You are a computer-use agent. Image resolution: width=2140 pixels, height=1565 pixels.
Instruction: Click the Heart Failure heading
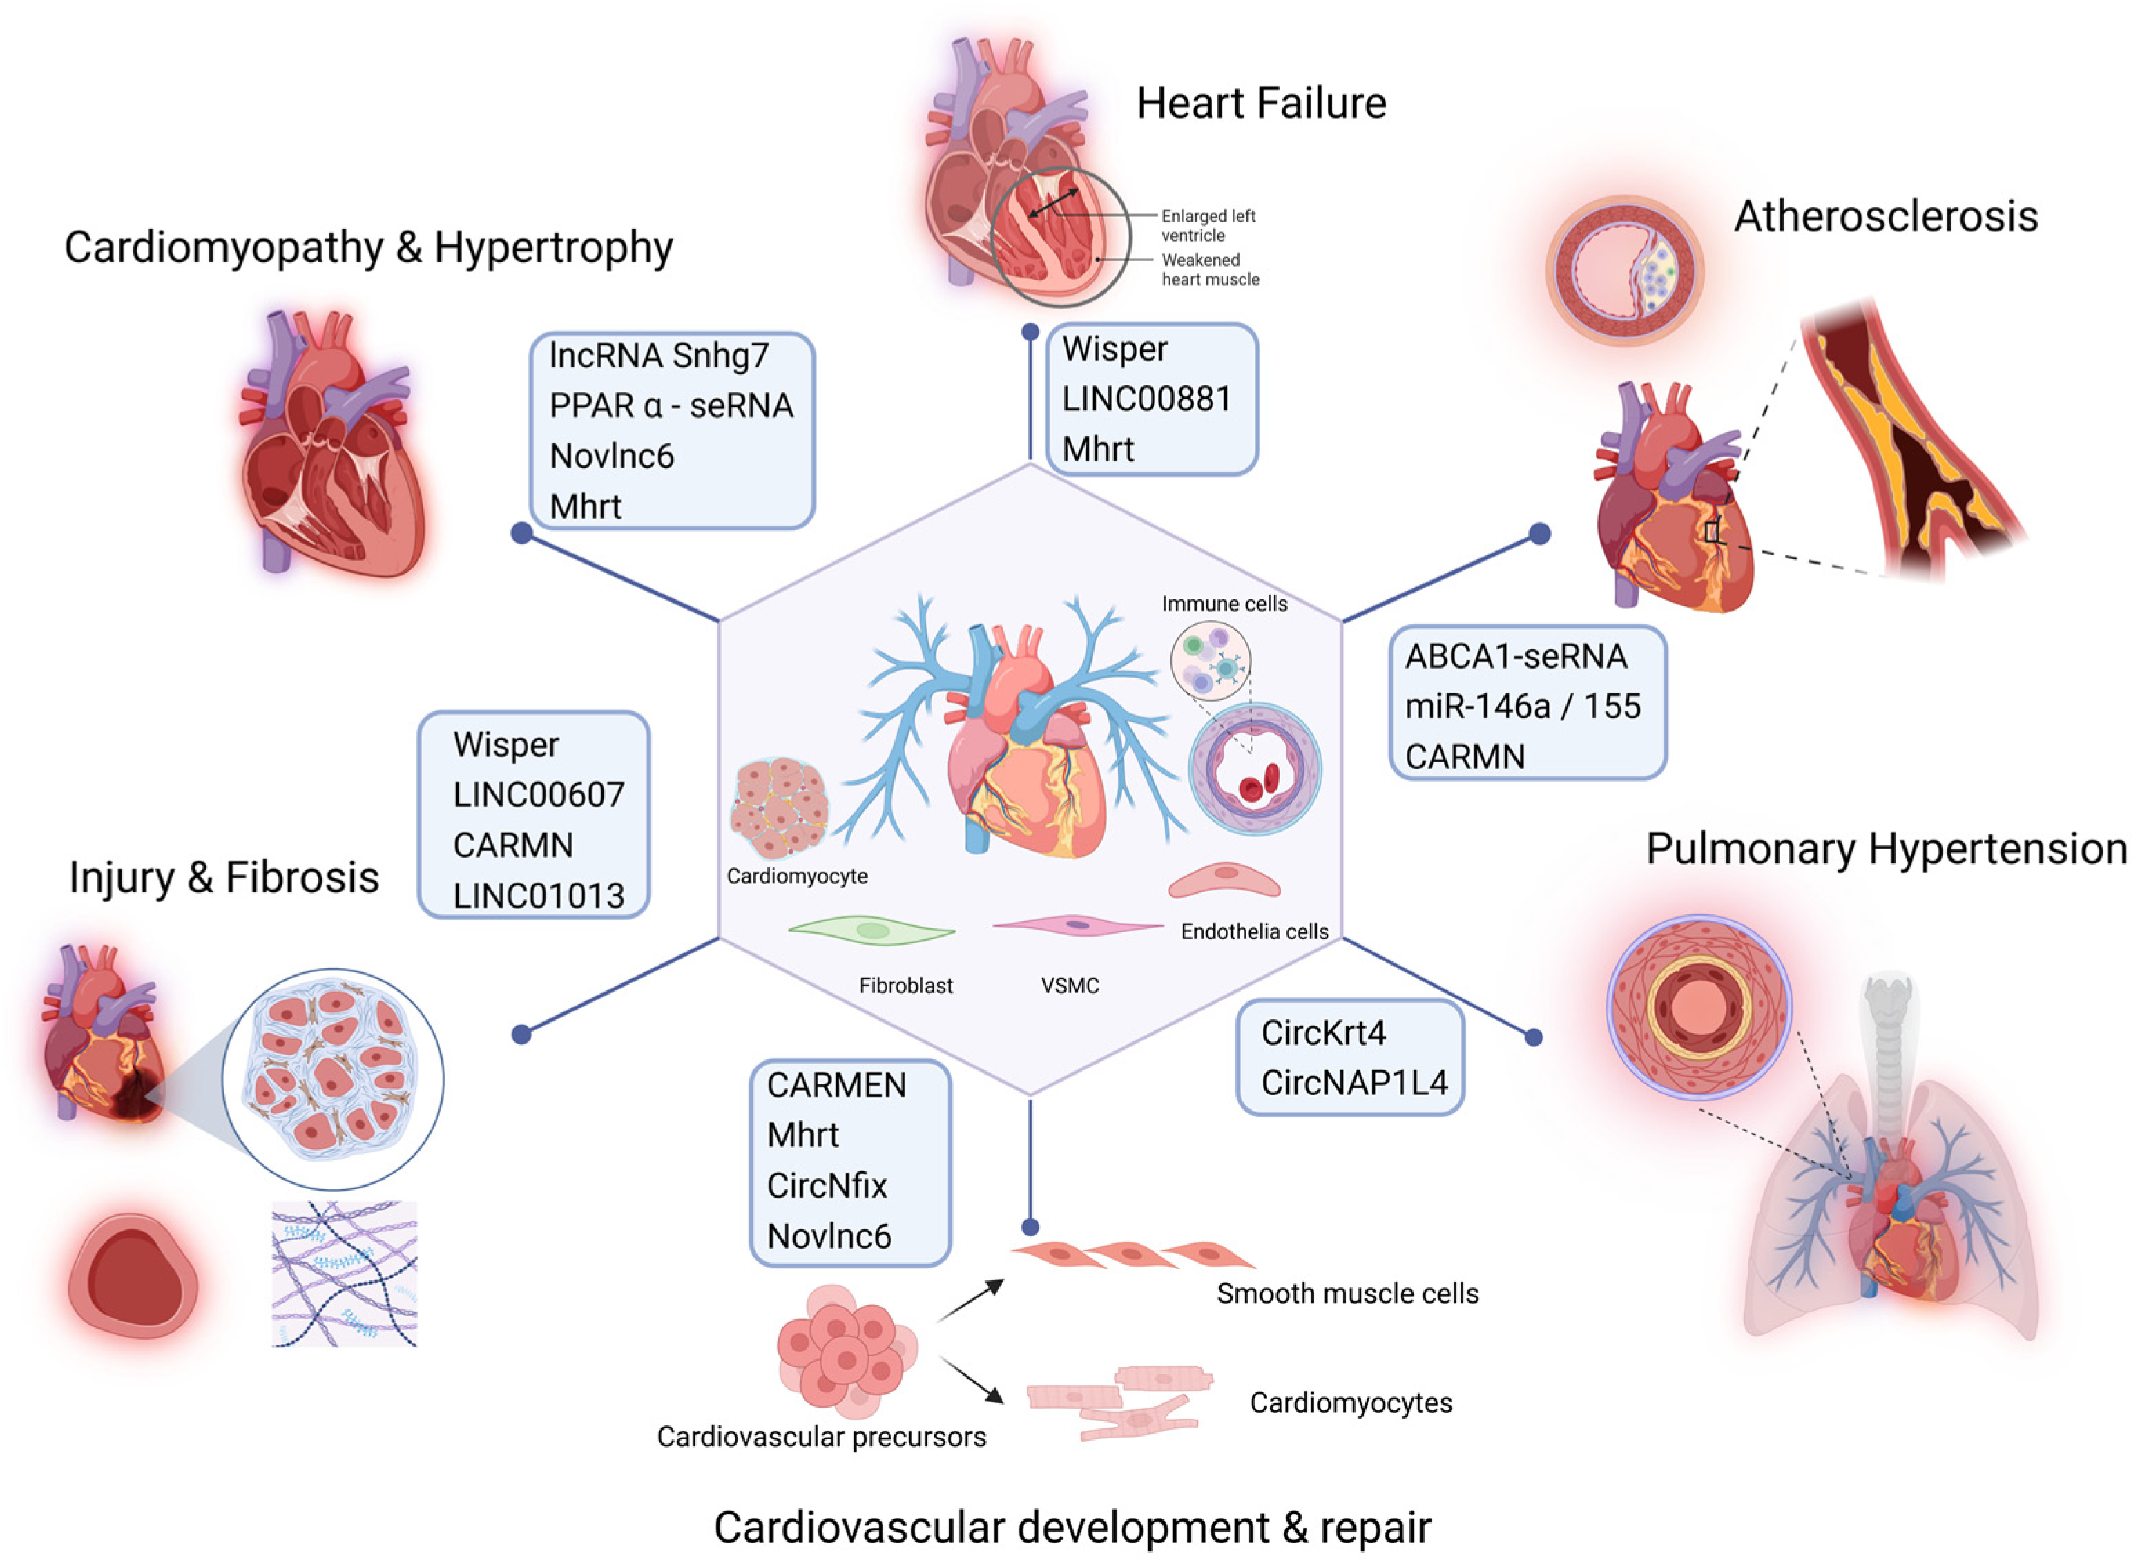[x=1261, y=104]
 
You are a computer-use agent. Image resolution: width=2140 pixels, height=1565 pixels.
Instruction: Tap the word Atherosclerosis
[x=1885, y=217]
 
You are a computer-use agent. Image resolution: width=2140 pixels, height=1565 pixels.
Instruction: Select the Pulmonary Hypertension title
[x=1886, y=849]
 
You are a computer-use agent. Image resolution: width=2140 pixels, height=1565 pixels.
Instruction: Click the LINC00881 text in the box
[x=1146, y=399]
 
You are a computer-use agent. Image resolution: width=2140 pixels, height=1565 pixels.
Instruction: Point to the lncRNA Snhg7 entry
[x=658, y=355]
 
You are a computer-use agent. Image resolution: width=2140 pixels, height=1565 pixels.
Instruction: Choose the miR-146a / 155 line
[x=1523, y=706]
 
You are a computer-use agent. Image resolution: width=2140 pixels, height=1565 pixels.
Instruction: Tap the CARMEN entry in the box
[x=836, y=1085]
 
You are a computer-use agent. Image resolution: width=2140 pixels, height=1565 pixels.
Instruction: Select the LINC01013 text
[x=538, y=895]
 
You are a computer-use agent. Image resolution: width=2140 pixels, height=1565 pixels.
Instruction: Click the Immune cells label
[x=1224, y=604]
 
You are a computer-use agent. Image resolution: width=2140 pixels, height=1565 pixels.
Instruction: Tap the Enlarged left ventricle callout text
[x=1208, y=225]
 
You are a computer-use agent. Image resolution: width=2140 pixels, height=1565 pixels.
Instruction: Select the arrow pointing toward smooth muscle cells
[x=971, y=1300]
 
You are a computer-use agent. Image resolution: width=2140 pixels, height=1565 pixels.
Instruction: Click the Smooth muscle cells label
[x=1347, y=1293]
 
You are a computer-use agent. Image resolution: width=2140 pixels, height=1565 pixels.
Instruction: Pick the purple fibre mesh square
[x=344, y=1274]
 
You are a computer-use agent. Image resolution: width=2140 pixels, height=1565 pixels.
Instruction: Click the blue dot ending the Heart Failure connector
[x=1030, y=332]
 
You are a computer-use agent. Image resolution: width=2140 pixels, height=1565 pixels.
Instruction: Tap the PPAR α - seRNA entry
[x=671, y=405]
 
